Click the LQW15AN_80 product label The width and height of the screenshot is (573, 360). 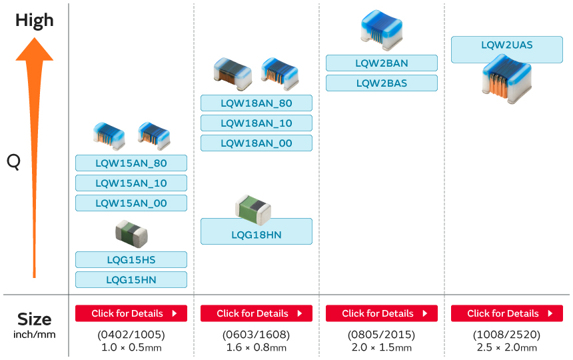tap(131, 163)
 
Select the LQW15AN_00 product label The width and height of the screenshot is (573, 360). tap(131, 203)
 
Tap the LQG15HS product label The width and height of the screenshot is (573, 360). tap(131, 260)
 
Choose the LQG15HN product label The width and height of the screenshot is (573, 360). tap(131, 280)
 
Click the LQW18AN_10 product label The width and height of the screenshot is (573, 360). tap(257, 123)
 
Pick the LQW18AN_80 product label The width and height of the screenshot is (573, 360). tap(257, 103)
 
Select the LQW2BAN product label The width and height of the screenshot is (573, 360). tap(382, 63)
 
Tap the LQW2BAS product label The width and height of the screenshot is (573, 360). tap(382, 83)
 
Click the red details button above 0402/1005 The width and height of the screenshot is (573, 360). tap(131, 313)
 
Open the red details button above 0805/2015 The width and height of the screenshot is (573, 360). tap(382, 313)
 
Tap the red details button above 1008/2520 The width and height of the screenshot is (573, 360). tap(507, 313)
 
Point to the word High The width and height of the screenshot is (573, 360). tap(35, 20)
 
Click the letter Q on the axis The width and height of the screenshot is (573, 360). tap(13, 161)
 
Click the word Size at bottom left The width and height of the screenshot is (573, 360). tap(35, 318)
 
